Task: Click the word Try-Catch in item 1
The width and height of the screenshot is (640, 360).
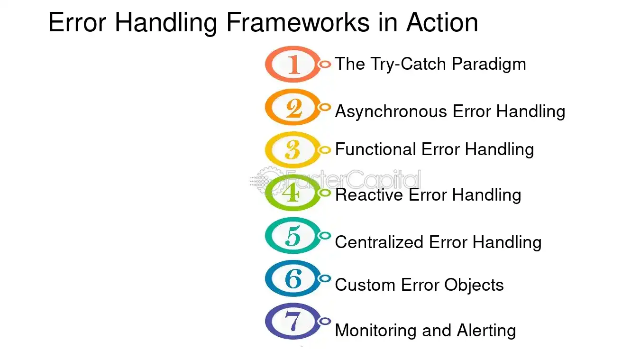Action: tap(409, 65)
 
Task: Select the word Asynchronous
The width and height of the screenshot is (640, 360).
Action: tap(391, 111)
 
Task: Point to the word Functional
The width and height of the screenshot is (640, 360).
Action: tap(375, 149)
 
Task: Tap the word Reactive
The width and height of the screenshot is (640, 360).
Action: tap(369, 195)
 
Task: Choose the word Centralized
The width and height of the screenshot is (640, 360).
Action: tap(379, 242)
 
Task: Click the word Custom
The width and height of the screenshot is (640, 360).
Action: tap(365, 285)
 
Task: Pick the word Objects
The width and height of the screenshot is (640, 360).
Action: tap(474, 286)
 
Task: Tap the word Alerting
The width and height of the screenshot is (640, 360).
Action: tap(486, 331)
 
